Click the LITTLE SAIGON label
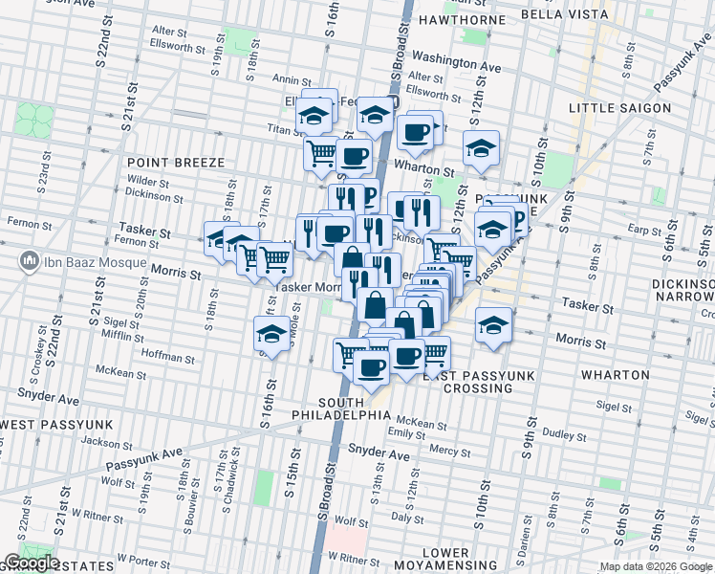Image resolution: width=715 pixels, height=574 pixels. point(619,108)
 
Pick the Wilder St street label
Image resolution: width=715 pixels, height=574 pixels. point(147,181)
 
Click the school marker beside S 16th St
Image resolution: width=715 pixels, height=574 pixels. point(272,335)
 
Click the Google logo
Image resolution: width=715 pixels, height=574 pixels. point(31,563)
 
